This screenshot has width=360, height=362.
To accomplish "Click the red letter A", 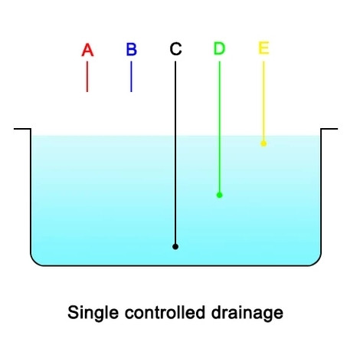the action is (x=87, y=50).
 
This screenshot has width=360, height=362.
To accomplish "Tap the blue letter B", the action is (x=132, y=49).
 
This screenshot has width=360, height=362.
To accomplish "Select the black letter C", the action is (x=175, y=49).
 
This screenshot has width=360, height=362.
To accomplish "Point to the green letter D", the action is (x=219, y=48).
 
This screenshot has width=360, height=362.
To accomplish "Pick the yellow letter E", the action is (x=263, y=48).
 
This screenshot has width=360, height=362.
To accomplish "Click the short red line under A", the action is (x=87, y=77).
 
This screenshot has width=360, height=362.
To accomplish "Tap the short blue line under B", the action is (x=131, y=77).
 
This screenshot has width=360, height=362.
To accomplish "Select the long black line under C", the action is (x=175, y=153).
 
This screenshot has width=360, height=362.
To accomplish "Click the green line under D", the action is (x=220, y=127).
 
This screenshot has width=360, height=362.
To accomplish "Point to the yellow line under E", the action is (x=263, y=101).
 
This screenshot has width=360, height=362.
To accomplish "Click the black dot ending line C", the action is (x=175, y=247).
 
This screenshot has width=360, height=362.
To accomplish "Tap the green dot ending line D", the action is (x=220, y=196).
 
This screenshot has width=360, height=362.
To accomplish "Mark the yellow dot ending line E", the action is (x=263, y=143).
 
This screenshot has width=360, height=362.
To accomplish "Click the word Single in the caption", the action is (x=93, y=313).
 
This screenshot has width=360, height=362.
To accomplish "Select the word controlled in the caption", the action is (x=165, y=312).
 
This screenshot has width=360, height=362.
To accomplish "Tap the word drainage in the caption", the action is (x=247, y=313).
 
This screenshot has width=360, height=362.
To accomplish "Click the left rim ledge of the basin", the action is (x=22, y=129).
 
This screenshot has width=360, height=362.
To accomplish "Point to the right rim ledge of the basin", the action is (x=329, y=129).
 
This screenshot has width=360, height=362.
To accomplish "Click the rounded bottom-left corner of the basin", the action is (x=34, y=262).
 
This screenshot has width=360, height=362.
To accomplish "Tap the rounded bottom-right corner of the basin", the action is (x=317, y=262).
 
